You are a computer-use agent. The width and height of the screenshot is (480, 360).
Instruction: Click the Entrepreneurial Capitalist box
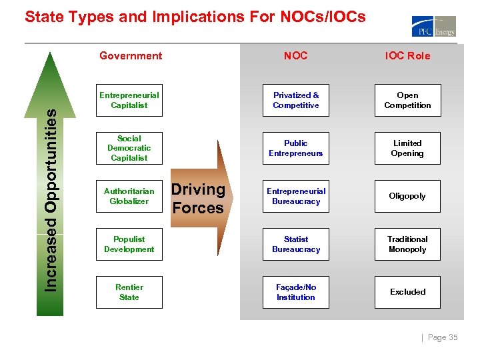click(x=129, y=100)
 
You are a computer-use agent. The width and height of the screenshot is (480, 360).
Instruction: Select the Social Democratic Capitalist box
click(x=129, y=148)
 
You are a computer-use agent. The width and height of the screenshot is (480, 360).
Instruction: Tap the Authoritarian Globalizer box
click(x=129, y=196)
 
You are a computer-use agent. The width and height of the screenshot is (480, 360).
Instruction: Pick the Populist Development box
click(x=129, y=244)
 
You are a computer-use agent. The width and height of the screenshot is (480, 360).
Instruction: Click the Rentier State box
click(x=129, y=292)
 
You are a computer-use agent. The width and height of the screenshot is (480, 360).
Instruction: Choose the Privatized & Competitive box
click(x=296, y=100)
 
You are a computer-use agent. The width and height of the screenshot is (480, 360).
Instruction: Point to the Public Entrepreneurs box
click(x=296, y=148)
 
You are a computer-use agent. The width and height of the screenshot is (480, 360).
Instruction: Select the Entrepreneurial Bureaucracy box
click(x=296, y=196)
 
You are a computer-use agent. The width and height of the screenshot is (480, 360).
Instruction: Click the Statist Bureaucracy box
click(x=296, y=244)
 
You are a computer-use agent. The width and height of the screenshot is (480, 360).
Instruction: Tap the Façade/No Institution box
click(x=296, y=292)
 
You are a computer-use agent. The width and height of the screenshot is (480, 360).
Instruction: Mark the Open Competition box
click(x=407, y=100)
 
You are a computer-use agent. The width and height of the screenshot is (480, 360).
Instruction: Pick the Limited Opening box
click(x=407, y=148)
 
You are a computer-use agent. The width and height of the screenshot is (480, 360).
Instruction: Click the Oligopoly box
click(x=407, y=196)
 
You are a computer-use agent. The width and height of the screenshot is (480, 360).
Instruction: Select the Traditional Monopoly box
click(x=407, y=244)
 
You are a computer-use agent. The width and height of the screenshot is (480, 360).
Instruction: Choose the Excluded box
click(x=407, y=292)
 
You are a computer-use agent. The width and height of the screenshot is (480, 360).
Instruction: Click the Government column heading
click(x=131, y=56)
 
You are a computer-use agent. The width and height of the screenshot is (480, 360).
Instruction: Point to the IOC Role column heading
click(x=407, y=56)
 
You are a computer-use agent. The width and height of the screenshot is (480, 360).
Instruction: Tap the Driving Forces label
click(x=199, y=198)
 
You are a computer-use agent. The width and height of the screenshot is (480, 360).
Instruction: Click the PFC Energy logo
click(x=433, y=26)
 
